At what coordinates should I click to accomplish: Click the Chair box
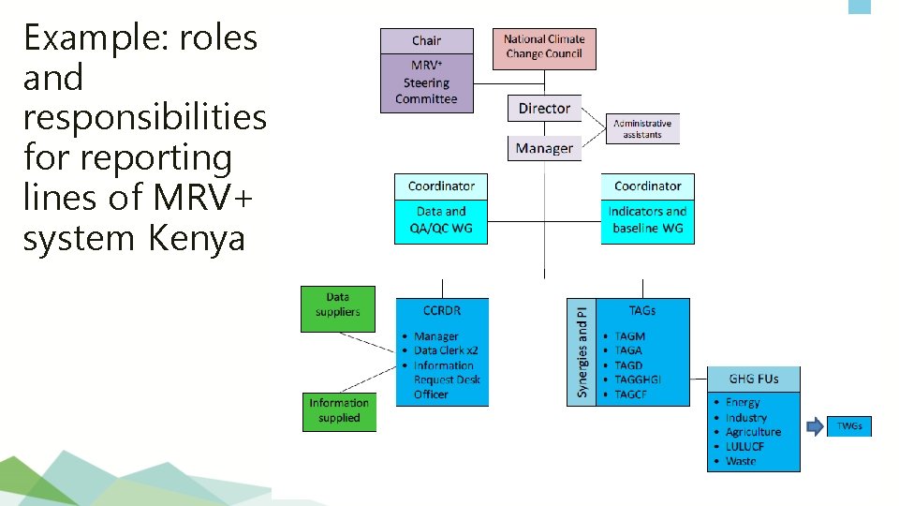coord(426,40)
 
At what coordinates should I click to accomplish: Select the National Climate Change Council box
coord(544,47)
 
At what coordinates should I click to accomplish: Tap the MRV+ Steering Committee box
coord(426,83)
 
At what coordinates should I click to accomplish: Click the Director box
coord(544,109)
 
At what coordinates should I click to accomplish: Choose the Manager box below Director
coord(544,148)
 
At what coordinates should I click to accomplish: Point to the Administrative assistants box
coord(642,128)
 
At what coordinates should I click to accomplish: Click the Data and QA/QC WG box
coord(441,219)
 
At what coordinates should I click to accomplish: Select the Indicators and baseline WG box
coord(647,219)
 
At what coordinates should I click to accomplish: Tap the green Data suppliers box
coord(337,305)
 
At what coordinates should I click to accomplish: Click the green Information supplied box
coord(339,410)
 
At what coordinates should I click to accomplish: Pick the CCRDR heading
coord(442,310)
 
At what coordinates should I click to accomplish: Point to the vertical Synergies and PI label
coord(582,351)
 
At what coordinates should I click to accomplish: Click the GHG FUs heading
coord(754,379)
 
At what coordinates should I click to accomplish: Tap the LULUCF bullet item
coord(744,446)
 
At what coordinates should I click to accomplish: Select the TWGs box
coord(849,426)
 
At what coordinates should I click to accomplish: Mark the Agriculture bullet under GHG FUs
coord(753,432)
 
